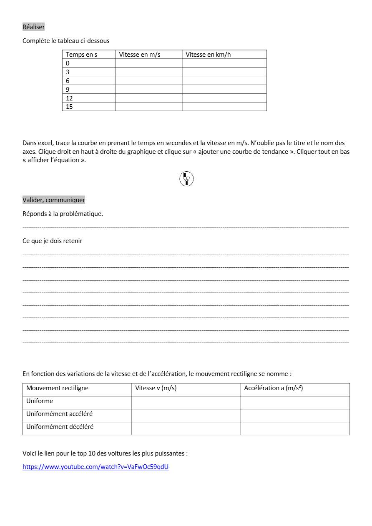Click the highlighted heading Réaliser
coord(33,27)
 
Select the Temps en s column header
coord(81,55)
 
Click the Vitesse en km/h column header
coord(208,55)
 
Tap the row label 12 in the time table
coord(69,98)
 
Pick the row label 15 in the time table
coord(69,107)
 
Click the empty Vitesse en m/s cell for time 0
coord(148,63)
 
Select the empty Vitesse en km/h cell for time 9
coord(224,89)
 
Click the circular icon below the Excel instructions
coord(186,179)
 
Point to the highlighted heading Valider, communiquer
coord(54,200)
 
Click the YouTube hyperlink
coord(96,467)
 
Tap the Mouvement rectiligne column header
coord(58,388)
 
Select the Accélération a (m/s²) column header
coord(274,388)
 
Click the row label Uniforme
coord(40,401)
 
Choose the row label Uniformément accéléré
coord(59,414)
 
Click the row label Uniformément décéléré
coord(60,427)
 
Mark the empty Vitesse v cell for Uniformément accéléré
coord(186,415)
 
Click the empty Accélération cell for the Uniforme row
coord(295,402)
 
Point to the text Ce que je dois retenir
coord(53,241)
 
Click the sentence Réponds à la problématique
coord(63,214)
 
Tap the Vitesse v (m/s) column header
coord(156,388)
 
